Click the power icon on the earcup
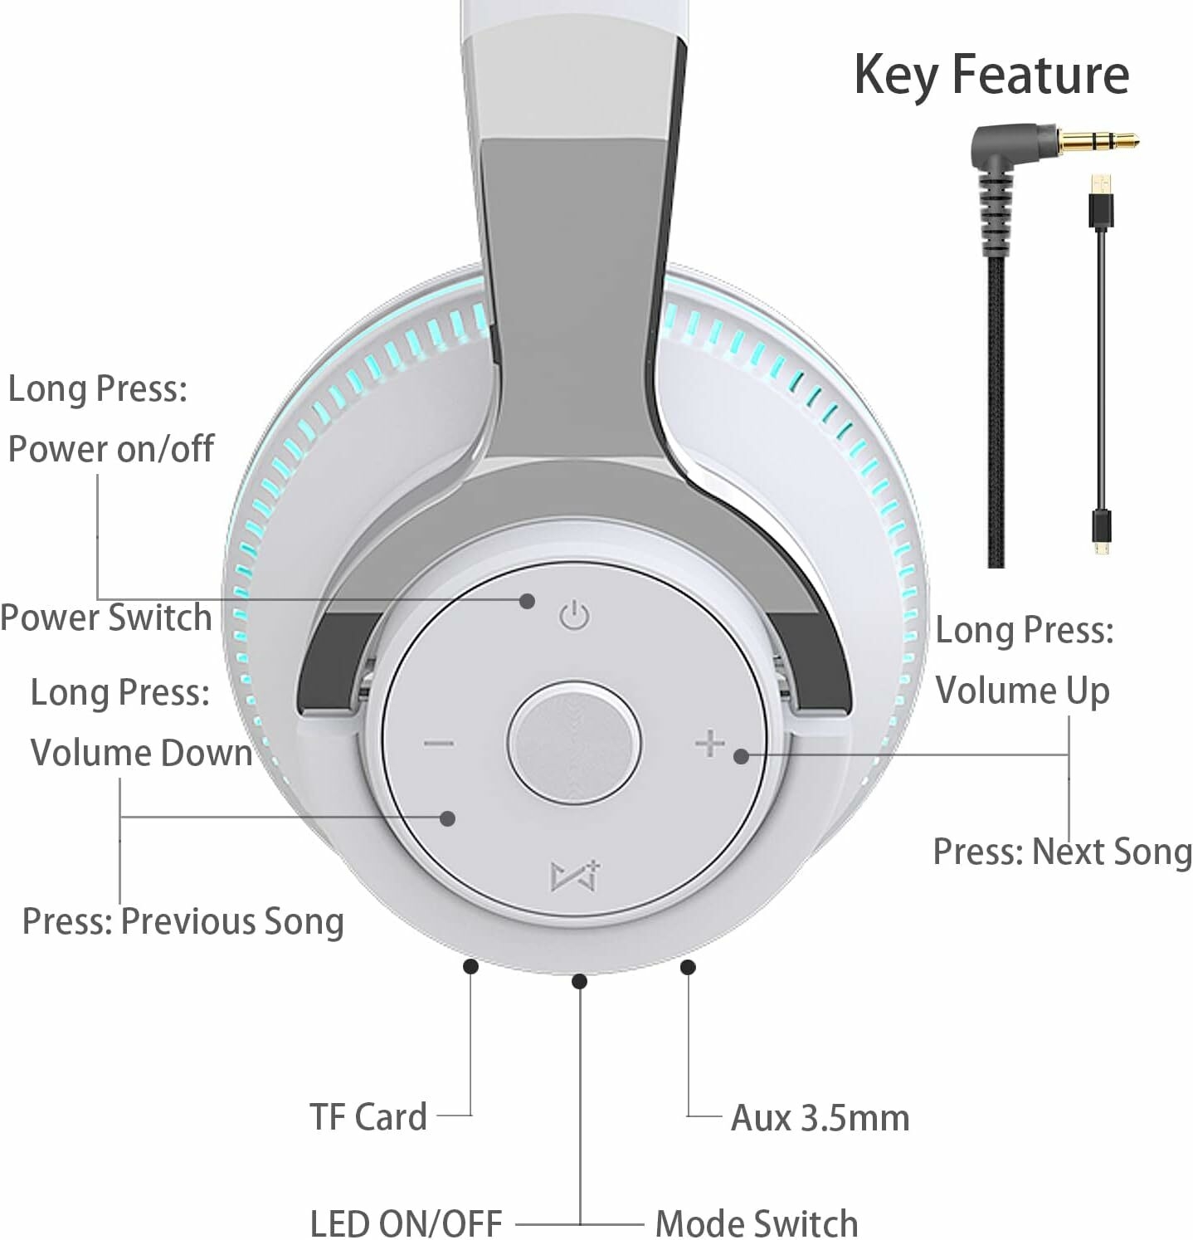(574, 616)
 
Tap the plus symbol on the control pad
(709, 743)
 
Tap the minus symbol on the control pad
(438, 743)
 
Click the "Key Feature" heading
(991, 75)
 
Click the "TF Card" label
(368, 1117)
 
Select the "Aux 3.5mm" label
(820, 1118)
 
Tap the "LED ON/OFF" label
(406, 1223)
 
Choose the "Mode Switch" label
(756, 1223)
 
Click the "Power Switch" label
(106, 618)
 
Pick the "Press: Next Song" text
(1062, 852)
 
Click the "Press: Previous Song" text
(183, 921)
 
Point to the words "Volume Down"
(141, 753)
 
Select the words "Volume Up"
(1022, 691)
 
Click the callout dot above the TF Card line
(470, 966)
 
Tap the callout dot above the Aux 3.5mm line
(688, 967)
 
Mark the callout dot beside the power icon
(528, 601)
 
